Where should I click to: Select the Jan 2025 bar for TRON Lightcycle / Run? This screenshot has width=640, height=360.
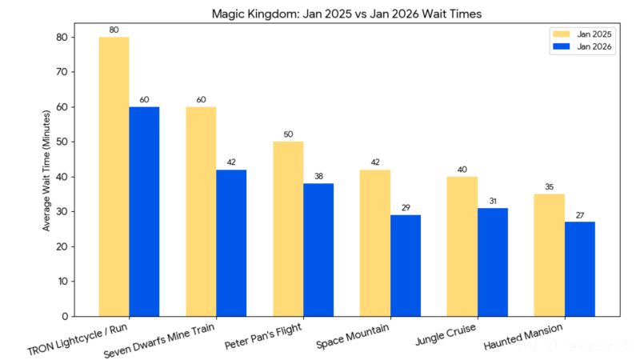114,176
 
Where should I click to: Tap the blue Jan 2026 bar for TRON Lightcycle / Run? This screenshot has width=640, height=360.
144,211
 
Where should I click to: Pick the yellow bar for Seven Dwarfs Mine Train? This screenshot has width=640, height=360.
201,211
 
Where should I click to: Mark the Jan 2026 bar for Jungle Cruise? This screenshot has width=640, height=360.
493,262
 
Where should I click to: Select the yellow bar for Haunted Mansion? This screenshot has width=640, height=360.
550,255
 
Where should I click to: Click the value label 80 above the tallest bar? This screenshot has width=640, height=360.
114,30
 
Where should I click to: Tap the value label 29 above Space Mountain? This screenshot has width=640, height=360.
406,208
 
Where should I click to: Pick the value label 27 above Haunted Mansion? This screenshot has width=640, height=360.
580,215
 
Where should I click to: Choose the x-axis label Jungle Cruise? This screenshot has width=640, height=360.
446,334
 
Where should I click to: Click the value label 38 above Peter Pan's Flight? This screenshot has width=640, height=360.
318,177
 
